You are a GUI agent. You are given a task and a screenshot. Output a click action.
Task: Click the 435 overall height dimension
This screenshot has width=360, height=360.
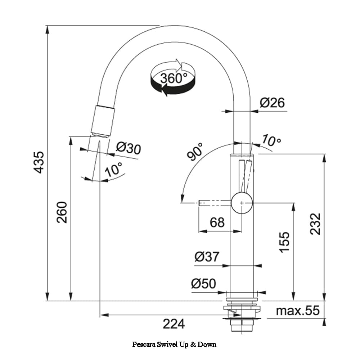coord(39,162)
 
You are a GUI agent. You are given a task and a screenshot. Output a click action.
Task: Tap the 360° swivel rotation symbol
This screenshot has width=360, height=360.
coord(173,78)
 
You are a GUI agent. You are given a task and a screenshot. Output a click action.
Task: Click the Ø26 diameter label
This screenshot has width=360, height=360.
coord(272,103)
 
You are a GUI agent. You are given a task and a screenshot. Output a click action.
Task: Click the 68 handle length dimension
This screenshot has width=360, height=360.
coord(217,222)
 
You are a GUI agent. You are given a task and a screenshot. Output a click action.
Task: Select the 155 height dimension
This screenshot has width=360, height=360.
coord(284,242)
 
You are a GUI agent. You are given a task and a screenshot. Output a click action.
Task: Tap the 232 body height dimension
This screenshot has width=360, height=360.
coord(315,224)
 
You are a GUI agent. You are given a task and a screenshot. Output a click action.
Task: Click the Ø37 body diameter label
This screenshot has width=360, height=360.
coord(207,257)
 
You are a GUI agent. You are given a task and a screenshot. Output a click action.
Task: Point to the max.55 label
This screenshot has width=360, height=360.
coord(298,310)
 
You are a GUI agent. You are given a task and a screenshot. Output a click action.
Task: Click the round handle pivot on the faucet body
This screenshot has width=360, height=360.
coord(242,203)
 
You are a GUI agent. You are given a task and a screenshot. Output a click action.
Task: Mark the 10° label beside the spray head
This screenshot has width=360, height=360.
coord(113,169)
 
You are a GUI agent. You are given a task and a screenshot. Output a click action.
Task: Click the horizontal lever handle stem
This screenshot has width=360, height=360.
coord(215,203)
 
